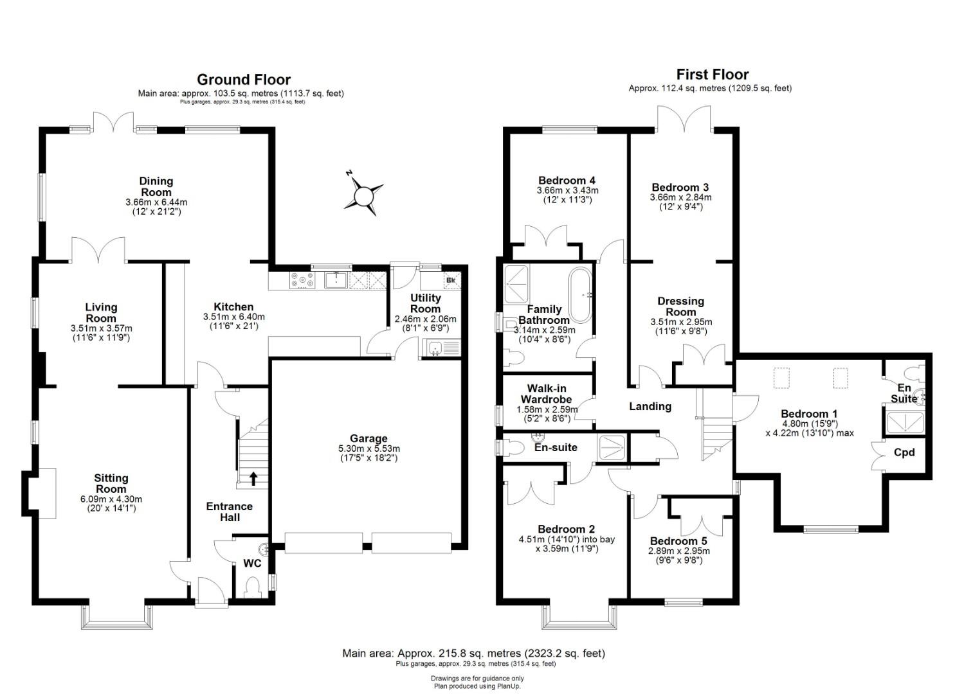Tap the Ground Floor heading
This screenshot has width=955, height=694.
[243, 80]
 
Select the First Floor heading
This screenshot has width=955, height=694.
[712, 75]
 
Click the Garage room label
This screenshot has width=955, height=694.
[368, 439]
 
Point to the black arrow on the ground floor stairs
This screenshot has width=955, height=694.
[253, 478]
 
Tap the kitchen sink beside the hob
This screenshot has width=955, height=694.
[336, 280]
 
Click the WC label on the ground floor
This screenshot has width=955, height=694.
[252, 564]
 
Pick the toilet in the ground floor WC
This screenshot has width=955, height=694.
[254, 586]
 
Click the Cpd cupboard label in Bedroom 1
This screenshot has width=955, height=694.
[904, 452]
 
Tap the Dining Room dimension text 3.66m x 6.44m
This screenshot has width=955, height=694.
[156, 202]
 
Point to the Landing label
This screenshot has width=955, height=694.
[650, 406]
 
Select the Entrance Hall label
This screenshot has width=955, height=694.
[229, 512]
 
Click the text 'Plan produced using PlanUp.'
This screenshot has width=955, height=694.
[477, 686]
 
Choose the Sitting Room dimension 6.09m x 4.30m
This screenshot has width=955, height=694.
[111, 499]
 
